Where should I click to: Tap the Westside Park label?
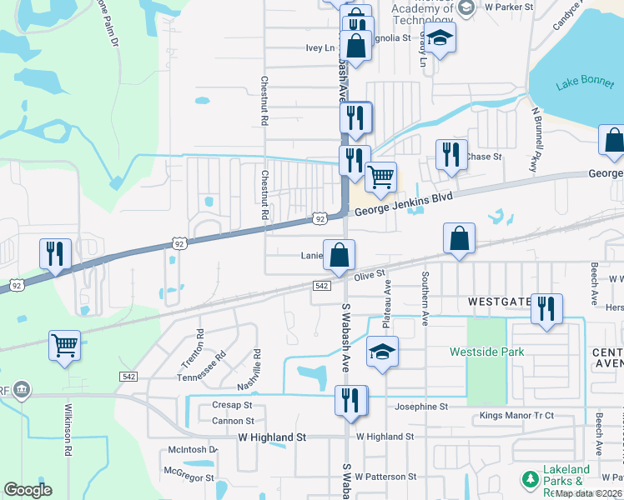pos(487,352)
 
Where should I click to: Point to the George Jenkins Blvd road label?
pos(403,204)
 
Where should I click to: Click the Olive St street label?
pos(370,274)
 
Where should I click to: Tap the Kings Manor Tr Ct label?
pos(517,416)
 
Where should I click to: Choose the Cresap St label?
pos(232,405)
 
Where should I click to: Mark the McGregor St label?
pos(185,470)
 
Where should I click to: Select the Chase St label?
pos(484,156)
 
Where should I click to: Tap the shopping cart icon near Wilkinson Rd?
pos(64,343)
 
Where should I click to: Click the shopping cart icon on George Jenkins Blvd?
pos(380,176)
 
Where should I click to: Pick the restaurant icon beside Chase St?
pos(449,154)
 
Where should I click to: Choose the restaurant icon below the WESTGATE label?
pos(546,307)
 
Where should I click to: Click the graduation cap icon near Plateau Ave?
pos(382,351)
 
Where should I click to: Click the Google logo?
pos(28,490)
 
